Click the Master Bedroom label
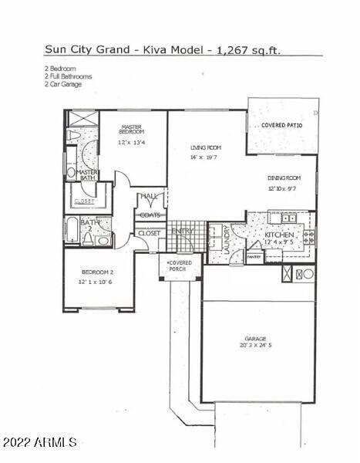[131, 130]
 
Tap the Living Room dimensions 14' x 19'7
[206, 157]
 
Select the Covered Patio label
[281, 125]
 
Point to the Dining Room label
[283, 178]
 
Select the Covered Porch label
[180, 266]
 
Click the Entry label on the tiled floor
[183, 231]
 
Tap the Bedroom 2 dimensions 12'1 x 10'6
[101, 282]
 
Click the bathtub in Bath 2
[71, 231]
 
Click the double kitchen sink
[288, 218]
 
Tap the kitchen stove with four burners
[308, 237]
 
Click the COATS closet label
[150, 215]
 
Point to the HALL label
[149, 197]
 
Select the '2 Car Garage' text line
[63, 83]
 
